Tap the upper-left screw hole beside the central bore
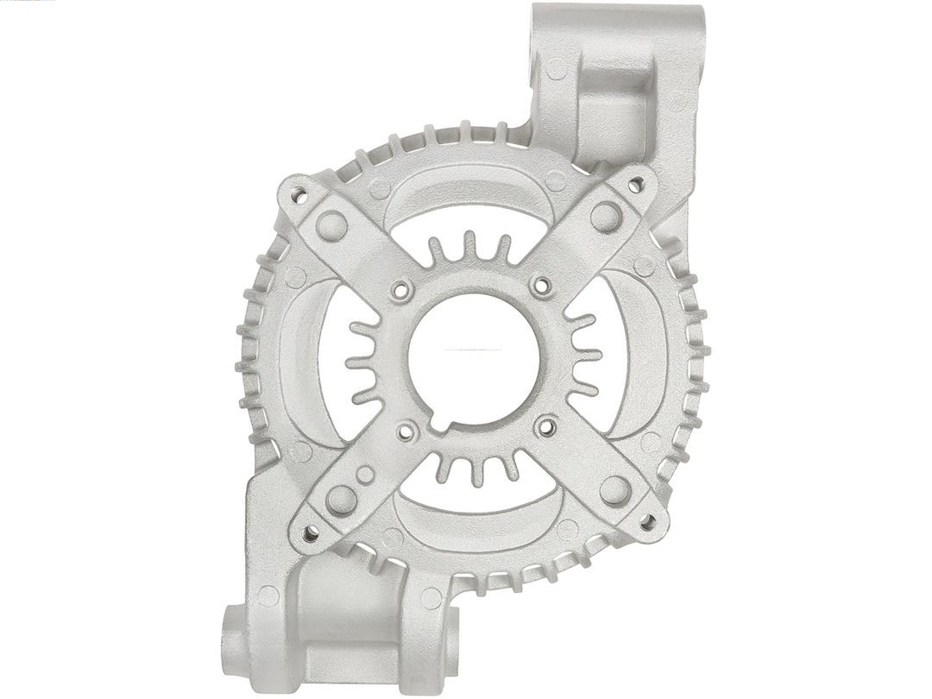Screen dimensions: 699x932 400,291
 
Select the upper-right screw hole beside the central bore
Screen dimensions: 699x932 542,285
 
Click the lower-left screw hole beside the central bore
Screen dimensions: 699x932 406,429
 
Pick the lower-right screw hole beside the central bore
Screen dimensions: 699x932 546,425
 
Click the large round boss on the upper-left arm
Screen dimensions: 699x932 331,226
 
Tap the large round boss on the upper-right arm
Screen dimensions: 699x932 606,216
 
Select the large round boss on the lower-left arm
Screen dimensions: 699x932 341,499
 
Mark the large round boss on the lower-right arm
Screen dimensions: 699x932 614,489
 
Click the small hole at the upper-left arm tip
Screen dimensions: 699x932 299,194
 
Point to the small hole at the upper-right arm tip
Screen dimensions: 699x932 636,184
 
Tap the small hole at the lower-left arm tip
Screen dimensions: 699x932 310,533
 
